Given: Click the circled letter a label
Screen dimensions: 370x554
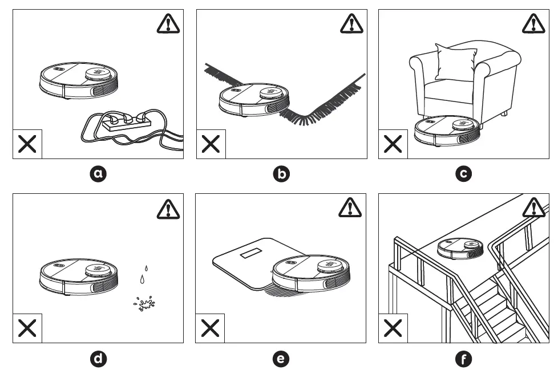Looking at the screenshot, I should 98,174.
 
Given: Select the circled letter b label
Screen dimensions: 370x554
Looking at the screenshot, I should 281,174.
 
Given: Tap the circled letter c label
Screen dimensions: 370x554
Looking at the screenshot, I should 464,174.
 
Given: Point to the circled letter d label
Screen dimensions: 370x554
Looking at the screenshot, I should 98,358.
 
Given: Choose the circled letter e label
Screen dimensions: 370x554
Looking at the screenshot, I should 281,358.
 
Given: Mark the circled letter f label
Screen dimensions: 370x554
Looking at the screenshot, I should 464,358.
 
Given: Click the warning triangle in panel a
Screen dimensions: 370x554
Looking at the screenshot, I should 168,23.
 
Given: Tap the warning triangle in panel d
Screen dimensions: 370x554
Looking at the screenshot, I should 168,209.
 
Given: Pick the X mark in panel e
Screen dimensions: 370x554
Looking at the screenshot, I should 211,328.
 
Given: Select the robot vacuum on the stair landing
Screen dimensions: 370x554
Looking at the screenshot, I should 461,249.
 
